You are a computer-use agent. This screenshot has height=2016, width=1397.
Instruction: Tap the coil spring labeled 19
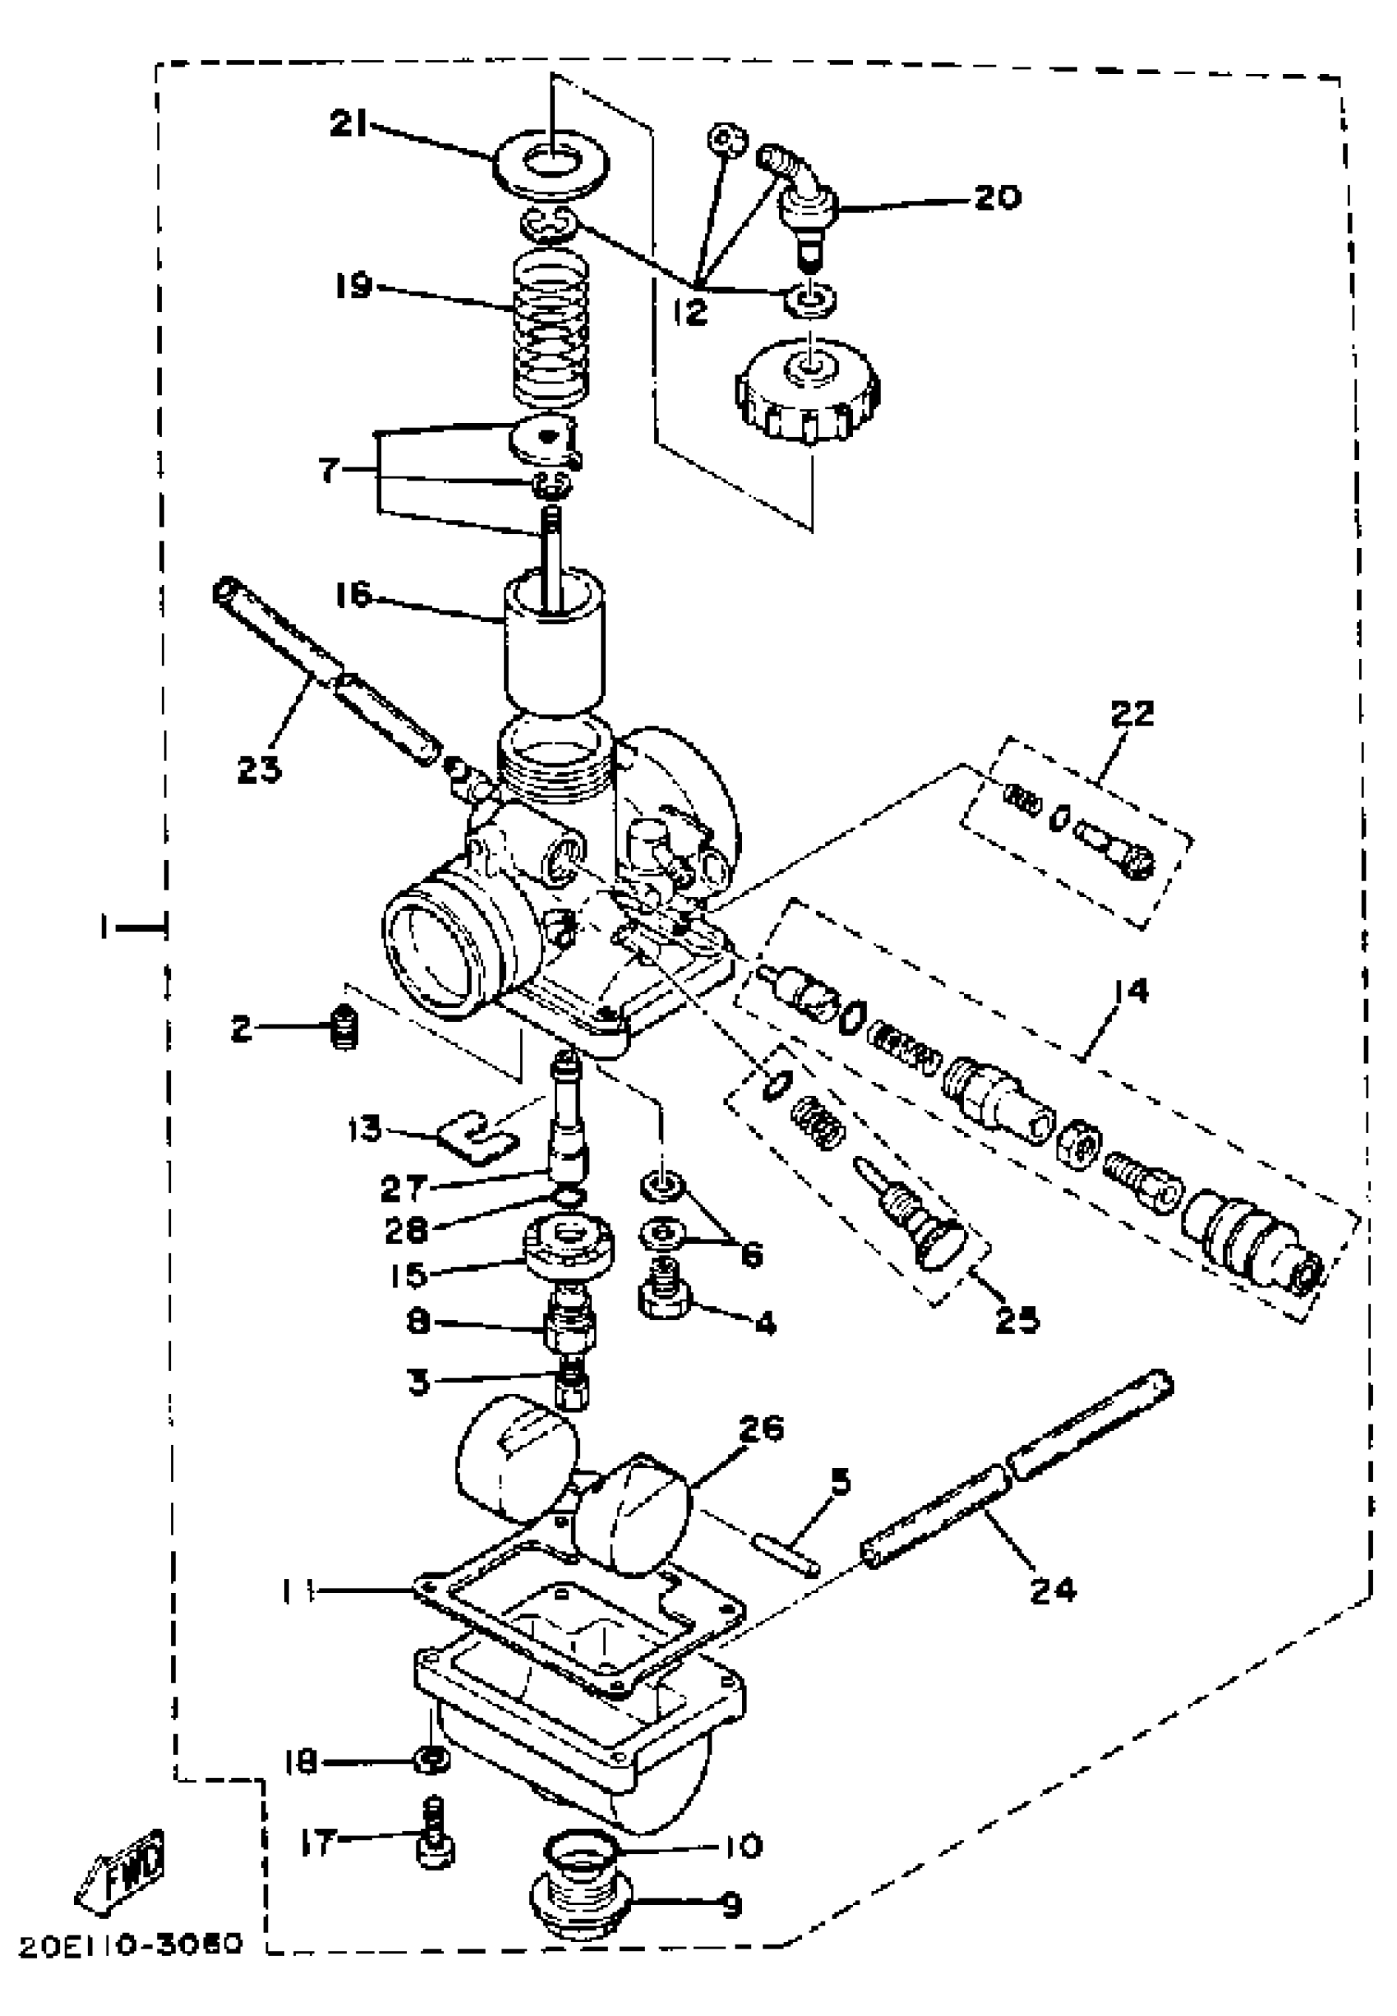[x=550, y=331]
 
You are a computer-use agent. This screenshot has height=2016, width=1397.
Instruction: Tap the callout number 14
[x=1131, y=992]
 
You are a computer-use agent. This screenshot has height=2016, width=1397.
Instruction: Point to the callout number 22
[x=1132, y=713]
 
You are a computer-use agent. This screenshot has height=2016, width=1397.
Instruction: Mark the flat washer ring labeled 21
[x=551, y=163]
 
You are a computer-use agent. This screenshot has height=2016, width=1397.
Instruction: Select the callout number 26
[x=761, y=1429]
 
